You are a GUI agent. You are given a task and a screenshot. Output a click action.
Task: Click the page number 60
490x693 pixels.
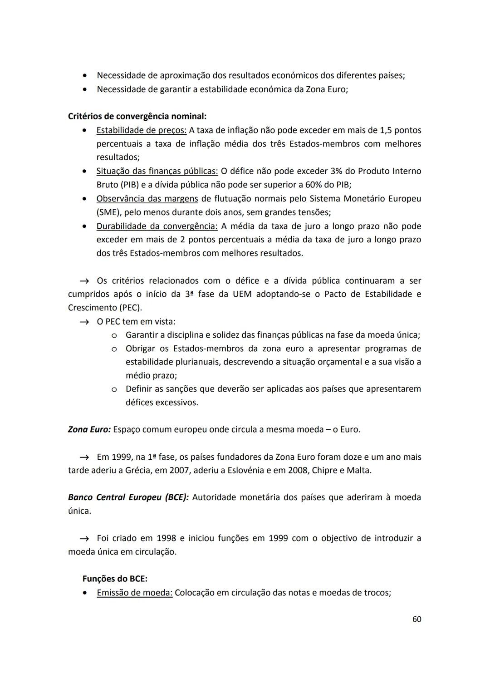(x=416, y=619)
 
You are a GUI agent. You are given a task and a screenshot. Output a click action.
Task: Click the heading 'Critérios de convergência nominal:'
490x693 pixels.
(x=137, y=116)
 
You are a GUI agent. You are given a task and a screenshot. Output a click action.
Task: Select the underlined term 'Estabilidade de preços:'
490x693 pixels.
(x=141, y=130)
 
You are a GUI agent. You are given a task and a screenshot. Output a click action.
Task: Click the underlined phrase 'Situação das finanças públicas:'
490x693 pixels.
(x=157, y=171)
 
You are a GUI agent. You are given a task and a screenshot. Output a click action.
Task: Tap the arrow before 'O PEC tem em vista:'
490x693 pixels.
(x=84, y=322)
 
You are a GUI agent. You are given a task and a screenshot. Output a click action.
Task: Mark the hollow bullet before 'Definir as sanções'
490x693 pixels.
(x=114, y=389)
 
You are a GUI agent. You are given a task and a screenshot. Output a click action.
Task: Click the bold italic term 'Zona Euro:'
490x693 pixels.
(x=89, y=429)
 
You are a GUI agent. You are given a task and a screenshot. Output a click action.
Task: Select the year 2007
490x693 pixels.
(x=180, y=470)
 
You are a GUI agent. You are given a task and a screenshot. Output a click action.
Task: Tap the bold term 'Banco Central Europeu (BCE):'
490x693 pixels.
(x=128, y=497)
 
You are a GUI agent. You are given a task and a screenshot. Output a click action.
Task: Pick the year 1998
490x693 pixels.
(x=166, y=538)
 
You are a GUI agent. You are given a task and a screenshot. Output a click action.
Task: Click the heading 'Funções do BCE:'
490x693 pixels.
(x=115, y=579)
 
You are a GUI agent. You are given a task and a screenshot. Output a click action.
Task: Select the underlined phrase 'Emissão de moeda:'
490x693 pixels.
(x=134, y=593)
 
